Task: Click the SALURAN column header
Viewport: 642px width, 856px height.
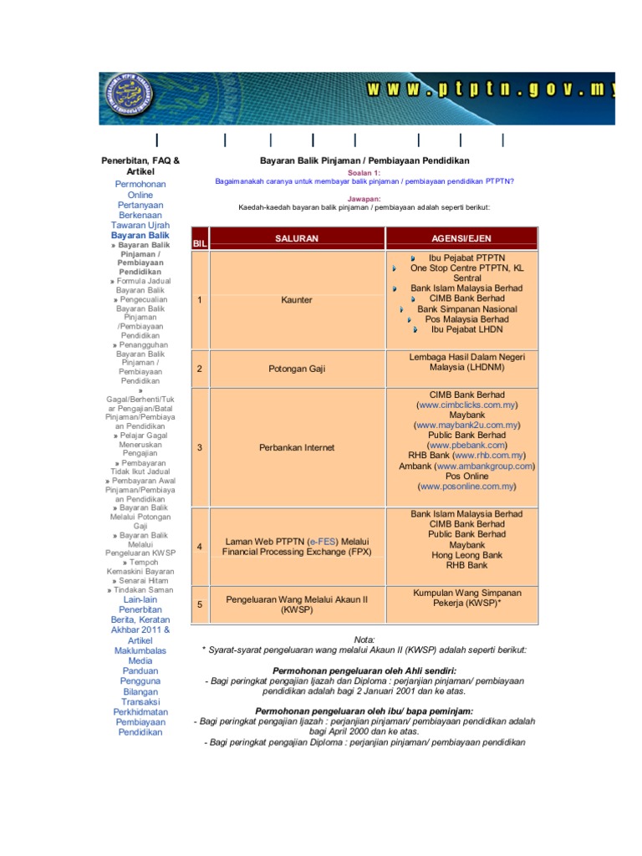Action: click(297, 238)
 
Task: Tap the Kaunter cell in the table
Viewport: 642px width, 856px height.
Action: click(297, 299)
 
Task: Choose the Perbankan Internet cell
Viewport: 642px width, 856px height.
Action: click(297, 447)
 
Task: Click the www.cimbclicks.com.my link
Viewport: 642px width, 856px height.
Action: click(465, 405)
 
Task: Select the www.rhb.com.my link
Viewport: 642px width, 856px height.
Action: click(489, 456)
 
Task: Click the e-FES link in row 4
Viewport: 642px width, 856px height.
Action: click(324, 542)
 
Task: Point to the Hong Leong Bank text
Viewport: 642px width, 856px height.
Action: click(466, 554)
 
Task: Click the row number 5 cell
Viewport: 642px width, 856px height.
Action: click(199, 604)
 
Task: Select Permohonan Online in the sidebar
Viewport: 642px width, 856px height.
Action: click(140, 189)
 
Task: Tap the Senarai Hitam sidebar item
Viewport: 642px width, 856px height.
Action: click(143, 579)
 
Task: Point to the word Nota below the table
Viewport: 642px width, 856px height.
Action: click(364, 638)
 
